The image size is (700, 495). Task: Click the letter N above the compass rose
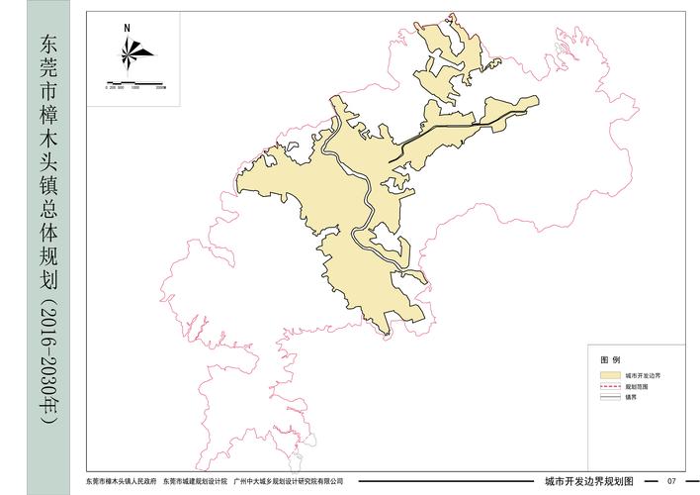pos(128,29)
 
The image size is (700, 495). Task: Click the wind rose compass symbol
pos(131,50)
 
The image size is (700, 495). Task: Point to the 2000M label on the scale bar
pos(160,87)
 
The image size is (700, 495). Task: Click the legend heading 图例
pos(610,359)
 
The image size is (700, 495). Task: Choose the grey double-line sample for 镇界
pos(609,397)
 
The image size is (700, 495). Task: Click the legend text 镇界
pos(630,397)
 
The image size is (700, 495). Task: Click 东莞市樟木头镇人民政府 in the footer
pos(122,481)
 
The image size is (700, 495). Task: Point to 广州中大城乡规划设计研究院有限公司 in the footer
pos(289,481)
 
